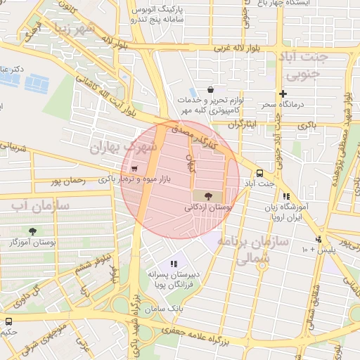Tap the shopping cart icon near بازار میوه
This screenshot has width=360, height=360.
coord(134,168)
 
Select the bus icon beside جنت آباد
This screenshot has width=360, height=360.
coord(259,172)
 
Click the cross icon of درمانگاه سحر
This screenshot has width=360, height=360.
coord(283,94)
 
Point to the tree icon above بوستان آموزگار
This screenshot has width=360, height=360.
coord(32,231)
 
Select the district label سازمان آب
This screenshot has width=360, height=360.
coord(39,206)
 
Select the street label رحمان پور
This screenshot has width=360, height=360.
coord(68,181)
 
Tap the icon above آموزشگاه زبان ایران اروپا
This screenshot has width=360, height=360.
coord(285,197)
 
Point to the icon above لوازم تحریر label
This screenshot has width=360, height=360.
coord(191,91)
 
